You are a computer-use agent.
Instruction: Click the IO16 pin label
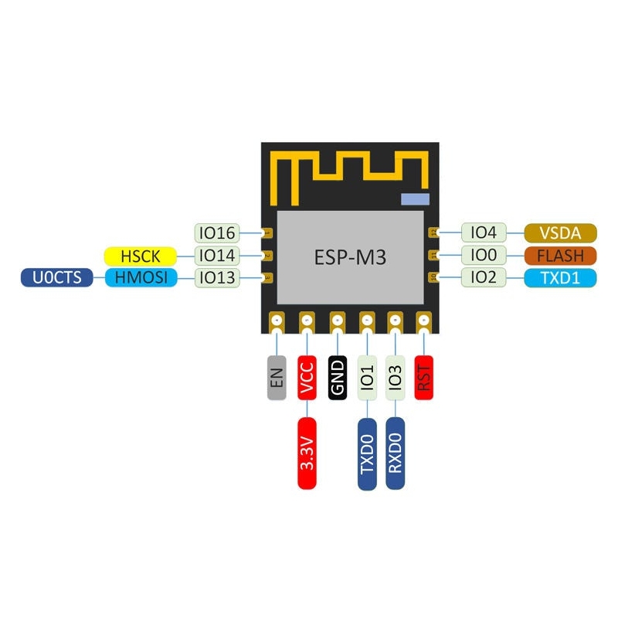tap(217, 233)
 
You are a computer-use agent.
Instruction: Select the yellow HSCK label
tap(140, 255)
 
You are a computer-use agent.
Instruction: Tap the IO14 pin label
tap(217, 255)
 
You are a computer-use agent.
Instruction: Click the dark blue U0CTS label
tap(56, 277)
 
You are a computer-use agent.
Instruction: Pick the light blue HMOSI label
tap(140, 277)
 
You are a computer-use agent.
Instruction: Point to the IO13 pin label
tap(217, 277)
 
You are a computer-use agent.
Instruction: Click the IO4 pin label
tap(484, 233)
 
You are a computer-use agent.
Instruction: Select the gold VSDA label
tap(560, 233)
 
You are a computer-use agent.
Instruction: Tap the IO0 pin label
tap(484, 255)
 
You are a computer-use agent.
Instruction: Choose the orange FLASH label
tap(560, 255)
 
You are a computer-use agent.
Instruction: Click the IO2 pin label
tap(484, 277)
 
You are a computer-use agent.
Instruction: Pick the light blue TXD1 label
tap(560, 277)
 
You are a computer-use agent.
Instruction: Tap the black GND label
tap(338, 377)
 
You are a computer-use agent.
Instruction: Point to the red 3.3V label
tap(307, 453)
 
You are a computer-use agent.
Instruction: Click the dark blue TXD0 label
tap(368, 453)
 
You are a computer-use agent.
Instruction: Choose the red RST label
tap(424, 377)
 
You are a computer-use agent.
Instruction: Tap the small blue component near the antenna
tap(414, 199)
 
